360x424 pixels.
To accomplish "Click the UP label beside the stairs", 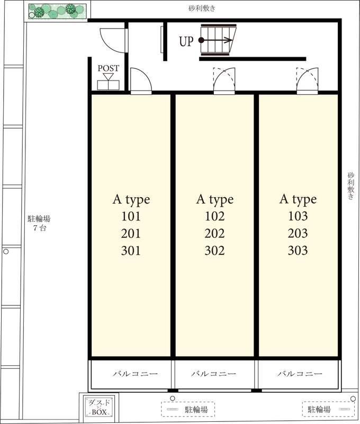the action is [x=186, y=41].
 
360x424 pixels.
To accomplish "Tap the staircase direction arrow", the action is [x=216, y=40].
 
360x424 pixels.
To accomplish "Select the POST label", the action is [x=109, y=68].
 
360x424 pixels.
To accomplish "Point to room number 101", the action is [x=131, y=216].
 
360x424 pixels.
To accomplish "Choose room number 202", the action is [x=215, y=233].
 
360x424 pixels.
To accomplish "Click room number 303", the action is [x=298, y=250].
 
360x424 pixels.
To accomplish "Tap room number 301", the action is [x=131, y=251].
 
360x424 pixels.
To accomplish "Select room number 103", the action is [x=298, y=216].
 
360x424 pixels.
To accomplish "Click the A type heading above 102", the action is [x=215, y=200].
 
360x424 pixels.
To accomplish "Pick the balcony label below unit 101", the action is [x=135, y=374].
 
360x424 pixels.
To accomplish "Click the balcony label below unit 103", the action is [x=300, y=374].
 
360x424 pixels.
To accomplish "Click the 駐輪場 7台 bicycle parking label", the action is [x=39, y=223].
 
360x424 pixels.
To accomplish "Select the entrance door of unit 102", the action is [x=224, y=81].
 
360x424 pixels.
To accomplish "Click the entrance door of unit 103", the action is [x=308, y=81].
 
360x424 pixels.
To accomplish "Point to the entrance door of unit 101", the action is [x=141, y=81].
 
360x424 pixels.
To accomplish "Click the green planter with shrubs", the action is [x=58, y=11].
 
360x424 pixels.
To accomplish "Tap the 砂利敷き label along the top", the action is [x=202, y=8].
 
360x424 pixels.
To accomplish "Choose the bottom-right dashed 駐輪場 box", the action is [x=328, y=409].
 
